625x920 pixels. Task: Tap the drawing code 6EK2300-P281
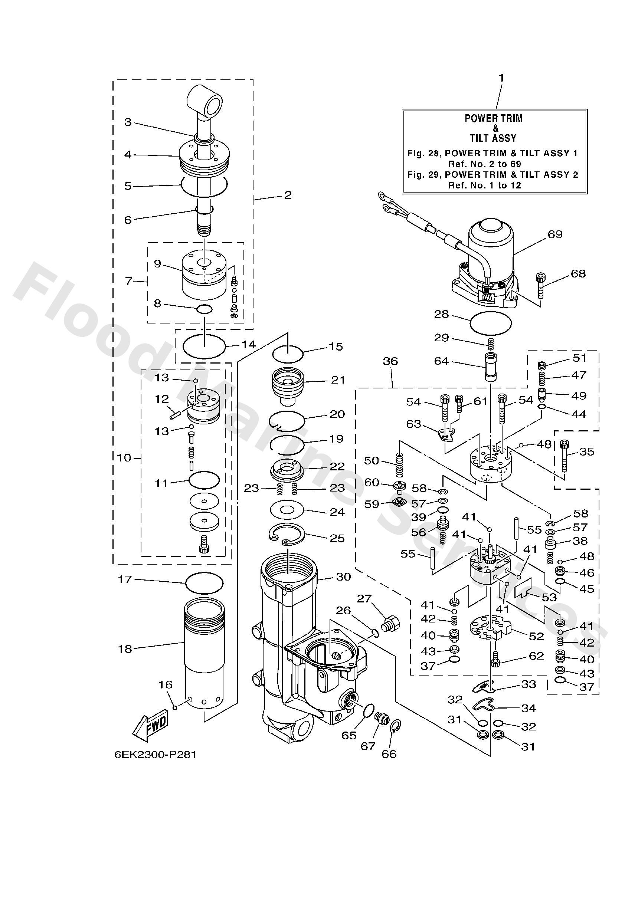[155, 755]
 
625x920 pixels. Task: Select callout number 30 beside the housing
[343, 577]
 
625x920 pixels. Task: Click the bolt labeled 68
[541, 285]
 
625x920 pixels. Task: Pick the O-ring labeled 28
[490, 323]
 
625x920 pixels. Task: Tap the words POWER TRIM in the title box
[493, 118]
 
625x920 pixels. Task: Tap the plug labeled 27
[390, 624]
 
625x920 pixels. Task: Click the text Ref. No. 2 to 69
[484, 164]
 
